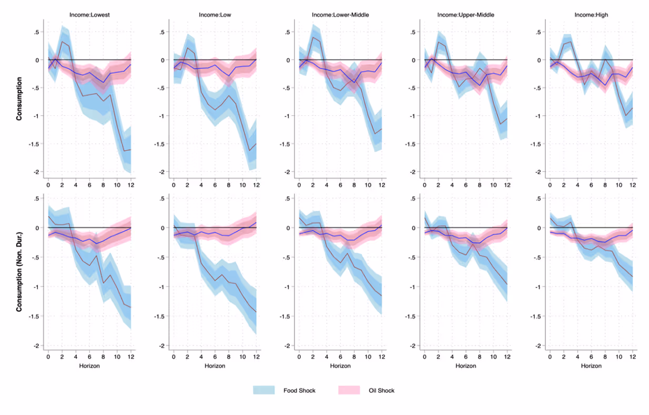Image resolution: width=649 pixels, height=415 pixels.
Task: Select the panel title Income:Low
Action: tap(214, 15)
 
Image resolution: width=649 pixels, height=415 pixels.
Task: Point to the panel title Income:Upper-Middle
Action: tap(465, 15)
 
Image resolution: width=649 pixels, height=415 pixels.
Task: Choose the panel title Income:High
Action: tap(591, 15)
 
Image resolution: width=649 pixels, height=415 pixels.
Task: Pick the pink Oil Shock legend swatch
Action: tap(349, 390)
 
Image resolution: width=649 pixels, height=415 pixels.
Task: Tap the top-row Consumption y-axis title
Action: tap(19, 99)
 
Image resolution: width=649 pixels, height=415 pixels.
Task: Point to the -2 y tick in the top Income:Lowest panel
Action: tap(37, 172)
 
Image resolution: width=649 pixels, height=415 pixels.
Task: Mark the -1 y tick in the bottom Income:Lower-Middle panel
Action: tap(288, 287)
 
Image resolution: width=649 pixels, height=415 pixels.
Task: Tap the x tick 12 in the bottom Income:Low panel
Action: tap(256, 357)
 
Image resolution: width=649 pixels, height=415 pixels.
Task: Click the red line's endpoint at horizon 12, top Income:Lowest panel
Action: tap(130, 150)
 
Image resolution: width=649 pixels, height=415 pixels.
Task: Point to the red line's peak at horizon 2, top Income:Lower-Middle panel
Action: tap(313, 37)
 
